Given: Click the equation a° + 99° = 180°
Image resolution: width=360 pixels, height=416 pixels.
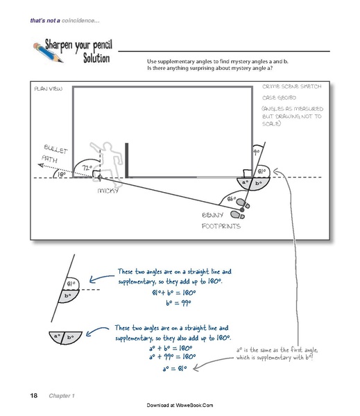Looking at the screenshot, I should (173, 357).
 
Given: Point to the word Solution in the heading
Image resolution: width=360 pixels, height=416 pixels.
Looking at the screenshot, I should (92, 58).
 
